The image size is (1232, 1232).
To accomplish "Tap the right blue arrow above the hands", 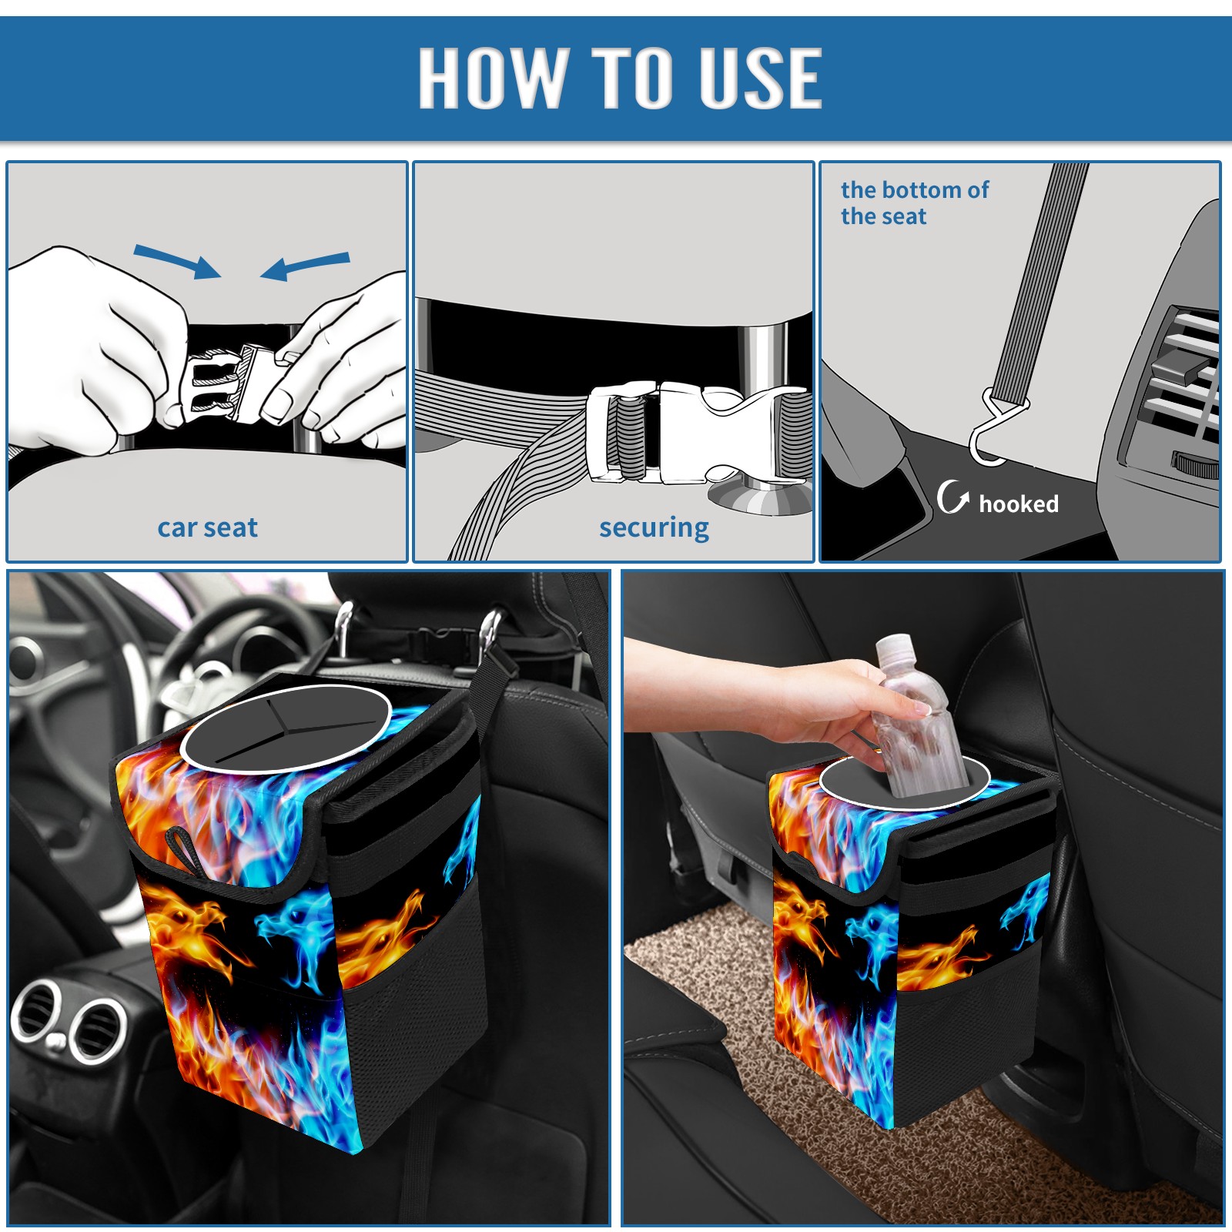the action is click(x=305, y=266).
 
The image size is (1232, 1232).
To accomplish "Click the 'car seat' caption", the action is click(x=207, y=527).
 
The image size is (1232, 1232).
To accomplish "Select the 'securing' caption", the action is click(x=654, y=528).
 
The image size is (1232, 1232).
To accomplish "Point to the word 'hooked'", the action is click(x=1019, y=504).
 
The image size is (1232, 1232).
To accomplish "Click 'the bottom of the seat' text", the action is click(x=914, y=203).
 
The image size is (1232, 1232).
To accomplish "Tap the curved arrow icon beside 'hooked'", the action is click(x=952, y=497).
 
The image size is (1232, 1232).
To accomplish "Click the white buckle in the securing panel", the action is click(x=693, y=433).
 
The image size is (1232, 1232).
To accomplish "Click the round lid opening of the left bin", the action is click(x=286, y=728).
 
